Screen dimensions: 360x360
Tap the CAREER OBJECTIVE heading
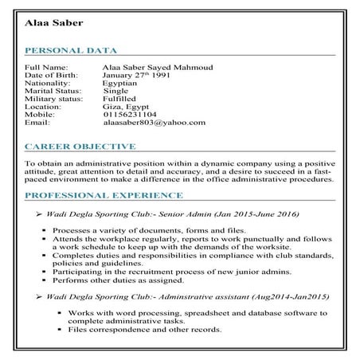[80, 147]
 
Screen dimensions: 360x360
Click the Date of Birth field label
[49, 75]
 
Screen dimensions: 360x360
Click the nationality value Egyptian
[120, 83]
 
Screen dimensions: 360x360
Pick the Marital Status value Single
[116, 91]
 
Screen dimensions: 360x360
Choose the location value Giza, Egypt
[126, 107]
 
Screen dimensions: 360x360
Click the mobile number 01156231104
[130, 115]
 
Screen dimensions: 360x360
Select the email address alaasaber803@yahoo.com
[155, 123]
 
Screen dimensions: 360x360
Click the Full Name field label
[46, 67]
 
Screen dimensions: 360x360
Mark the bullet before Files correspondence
[61, 329]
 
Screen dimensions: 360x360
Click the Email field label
[37, 123]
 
